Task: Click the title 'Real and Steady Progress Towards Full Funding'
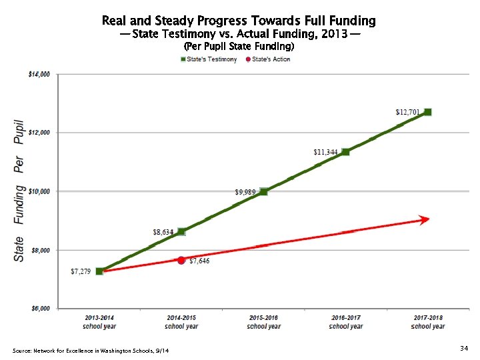coord(239,21)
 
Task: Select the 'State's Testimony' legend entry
coord(209,59)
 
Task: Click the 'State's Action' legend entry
coord(268,59)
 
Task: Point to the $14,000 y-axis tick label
coord(38,75)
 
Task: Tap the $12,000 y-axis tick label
coord(38,133)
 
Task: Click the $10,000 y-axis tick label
coord(38,191)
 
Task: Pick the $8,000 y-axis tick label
coord(39,250)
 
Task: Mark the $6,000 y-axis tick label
coord(39,309)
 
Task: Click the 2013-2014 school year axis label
coord(99,322)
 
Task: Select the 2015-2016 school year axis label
coord(263,322)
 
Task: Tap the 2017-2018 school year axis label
coord(427,322)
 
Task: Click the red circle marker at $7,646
coord(181,260)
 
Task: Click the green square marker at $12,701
coord(427,112)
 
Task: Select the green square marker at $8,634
coord(181,231)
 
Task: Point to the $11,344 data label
coord(325,152)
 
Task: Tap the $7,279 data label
coord(81,272)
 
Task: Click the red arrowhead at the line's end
coord(423,219)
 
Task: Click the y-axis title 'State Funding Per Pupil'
coord(19,191)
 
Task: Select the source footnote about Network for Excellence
coord(91,351)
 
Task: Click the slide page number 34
coord(464,348)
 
